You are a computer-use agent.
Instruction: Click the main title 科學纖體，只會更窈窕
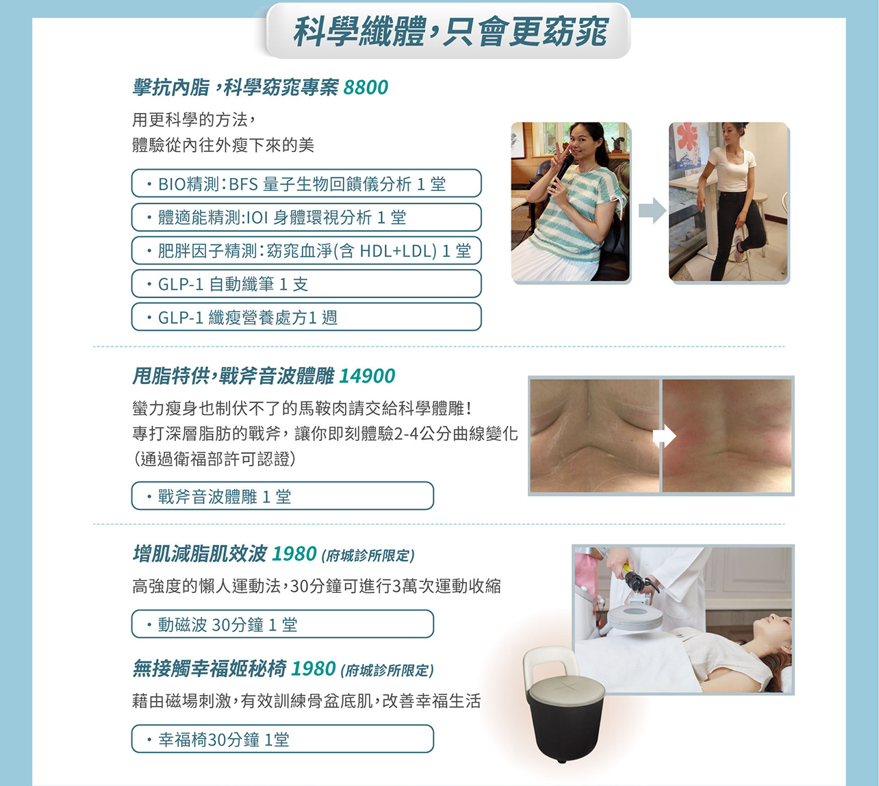click(448, 31)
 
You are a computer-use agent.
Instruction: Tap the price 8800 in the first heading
click(366, 88)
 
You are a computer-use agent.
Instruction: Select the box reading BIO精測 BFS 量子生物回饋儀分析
click(306, 183)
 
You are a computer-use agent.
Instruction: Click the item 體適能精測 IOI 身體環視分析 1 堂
click(306, 217)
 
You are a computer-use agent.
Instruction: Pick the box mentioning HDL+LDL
click(306, 251)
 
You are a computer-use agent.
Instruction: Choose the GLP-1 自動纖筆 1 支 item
click(306, 283)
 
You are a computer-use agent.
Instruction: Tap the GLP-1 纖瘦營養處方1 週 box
click(306, 317)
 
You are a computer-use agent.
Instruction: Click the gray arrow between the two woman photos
click(651, 210)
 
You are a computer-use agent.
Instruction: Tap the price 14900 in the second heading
click(367, 376)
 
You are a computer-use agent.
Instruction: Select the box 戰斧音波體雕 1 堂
click(282, 496)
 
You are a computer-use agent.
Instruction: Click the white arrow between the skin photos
click(663, 436)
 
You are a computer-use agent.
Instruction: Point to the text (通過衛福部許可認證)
click(215, 459)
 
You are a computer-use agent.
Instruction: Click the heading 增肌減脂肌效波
click(199, 554)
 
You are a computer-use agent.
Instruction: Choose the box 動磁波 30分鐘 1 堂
click(282, 624)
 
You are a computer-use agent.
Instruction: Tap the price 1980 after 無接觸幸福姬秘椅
click(313, 669)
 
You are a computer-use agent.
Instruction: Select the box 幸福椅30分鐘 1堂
click(282, 739)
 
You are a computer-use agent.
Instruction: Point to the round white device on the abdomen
click(635, 615)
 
